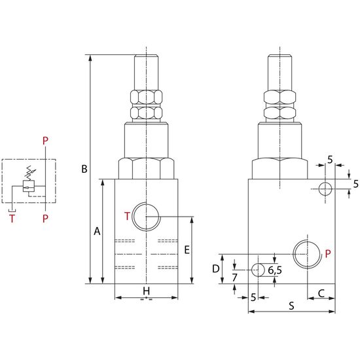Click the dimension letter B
[x=84, y=169]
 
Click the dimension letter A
[x=97, y=231]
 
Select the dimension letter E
[x=187, y=250]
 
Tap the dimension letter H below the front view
[x=146, y=291]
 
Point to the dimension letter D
[x=216, y=268]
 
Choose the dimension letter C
[x=321, y=293]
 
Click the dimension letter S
[x=291, y=306]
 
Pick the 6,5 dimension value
[x=275, y=270]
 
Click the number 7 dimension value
[x=234, y=278]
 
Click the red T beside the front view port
[x=127, y=216]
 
